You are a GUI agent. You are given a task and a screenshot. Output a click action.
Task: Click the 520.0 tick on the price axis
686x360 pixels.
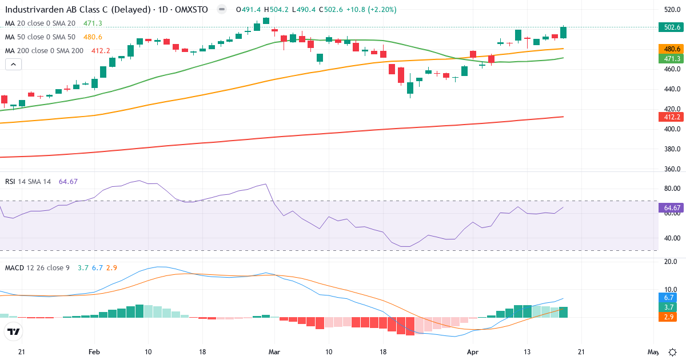[x=672, y=10]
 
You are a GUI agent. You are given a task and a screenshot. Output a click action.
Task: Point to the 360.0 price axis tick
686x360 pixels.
[x=672, y=169]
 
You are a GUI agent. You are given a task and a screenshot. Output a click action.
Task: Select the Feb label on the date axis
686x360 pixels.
[x=94, y=352]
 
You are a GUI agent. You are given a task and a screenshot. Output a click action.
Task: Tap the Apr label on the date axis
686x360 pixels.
[x=472, y=352]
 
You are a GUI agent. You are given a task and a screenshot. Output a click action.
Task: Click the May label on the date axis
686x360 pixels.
[x=653, y=352]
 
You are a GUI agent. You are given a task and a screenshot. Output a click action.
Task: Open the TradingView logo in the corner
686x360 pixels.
[x=14, y=331]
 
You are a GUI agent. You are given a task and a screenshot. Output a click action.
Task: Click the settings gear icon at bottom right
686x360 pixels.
[x=673, y=352]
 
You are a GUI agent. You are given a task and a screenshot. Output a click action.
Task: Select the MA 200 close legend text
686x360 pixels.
[x=44, y=50]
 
